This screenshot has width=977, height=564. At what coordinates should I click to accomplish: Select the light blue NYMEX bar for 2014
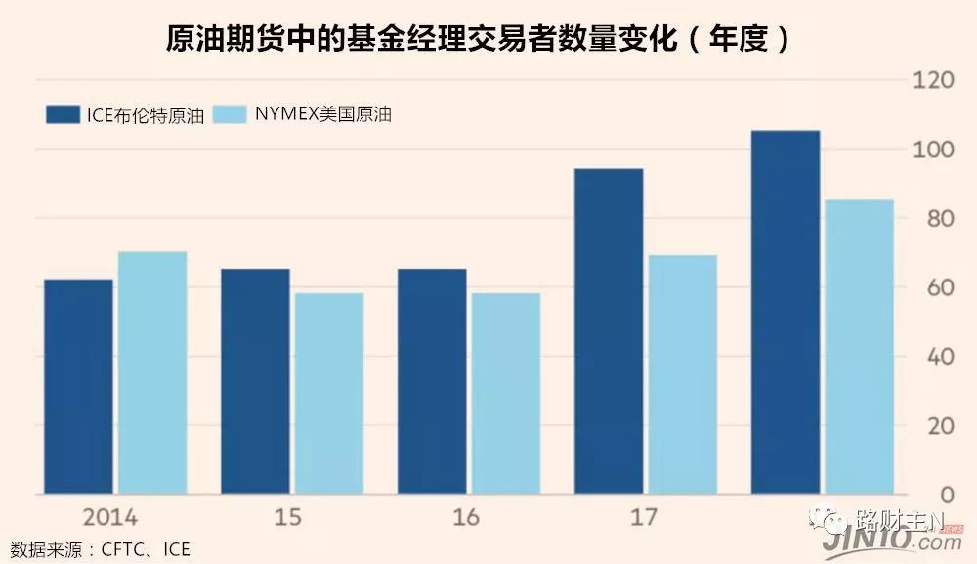click(152, 372)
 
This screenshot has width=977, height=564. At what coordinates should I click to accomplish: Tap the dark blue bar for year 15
click(255, 381)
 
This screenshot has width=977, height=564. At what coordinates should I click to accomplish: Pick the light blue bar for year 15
click(329, 393)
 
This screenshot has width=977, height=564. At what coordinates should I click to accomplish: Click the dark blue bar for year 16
click(432, 381)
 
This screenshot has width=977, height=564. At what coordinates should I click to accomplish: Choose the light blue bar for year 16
click(506, 393)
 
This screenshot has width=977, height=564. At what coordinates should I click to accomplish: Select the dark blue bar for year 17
click(609, 331)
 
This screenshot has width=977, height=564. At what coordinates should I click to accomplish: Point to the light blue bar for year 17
click(683, 374)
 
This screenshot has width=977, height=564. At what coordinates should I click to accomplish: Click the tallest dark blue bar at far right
click(786, 312)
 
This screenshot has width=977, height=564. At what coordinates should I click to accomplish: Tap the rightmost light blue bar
click(860, 347)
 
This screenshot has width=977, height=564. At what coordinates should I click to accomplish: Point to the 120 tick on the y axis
click(932, 80)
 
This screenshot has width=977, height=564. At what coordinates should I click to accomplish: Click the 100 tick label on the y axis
click(932, 150)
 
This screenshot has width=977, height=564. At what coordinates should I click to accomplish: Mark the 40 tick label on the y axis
click(938, 357)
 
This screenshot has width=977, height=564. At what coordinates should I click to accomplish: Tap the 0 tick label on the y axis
click(944, 495)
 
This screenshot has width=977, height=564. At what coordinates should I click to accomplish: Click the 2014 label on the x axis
click(109, 517)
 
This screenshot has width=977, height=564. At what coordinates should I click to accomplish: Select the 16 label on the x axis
click(467, 517)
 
